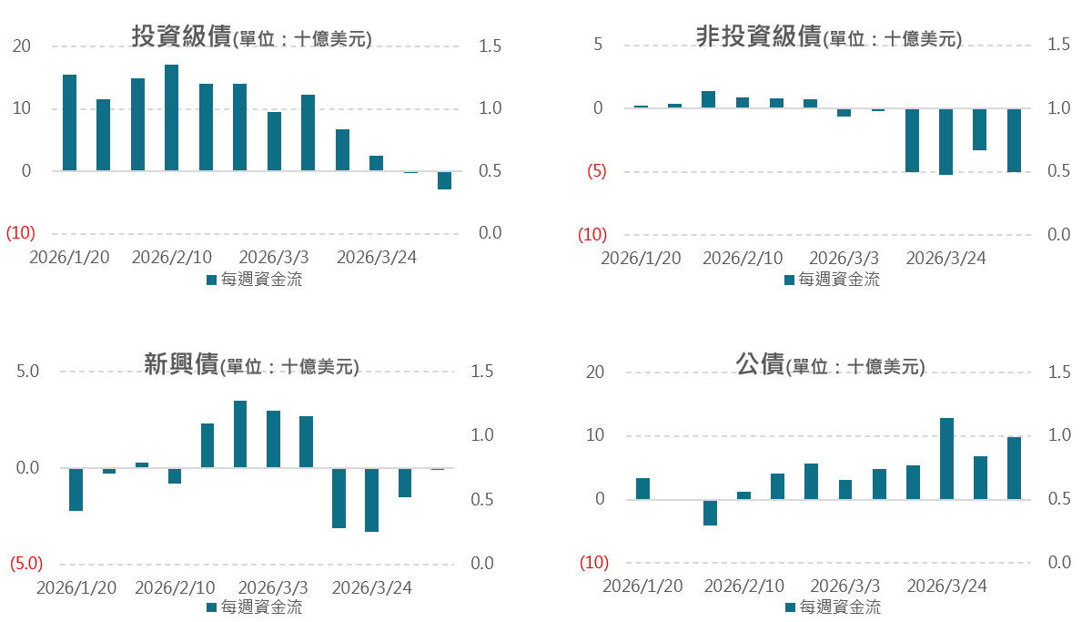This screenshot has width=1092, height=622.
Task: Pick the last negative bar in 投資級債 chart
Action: coord(444,179)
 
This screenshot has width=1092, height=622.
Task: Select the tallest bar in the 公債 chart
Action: coord(946,458)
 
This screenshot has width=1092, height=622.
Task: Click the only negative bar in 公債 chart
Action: coord(710,512)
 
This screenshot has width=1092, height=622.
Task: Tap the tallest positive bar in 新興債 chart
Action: coord(240,433)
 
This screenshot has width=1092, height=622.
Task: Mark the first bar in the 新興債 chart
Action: coord(76,489)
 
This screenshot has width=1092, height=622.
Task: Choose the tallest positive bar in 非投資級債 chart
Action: coord(708,99)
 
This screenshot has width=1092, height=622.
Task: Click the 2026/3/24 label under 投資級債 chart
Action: coord(377,258)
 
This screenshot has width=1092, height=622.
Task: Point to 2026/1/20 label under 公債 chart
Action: coord(642,586)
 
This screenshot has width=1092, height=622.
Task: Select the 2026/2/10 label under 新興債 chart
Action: coord(175,587)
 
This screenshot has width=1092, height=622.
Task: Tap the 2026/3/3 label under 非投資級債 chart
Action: coord(844,258)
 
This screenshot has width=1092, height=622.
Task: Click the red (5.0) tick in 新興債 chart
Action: coord(25,564)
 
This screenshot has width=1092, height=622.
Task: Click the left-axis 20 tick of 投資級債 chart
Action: coord(21,46)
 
